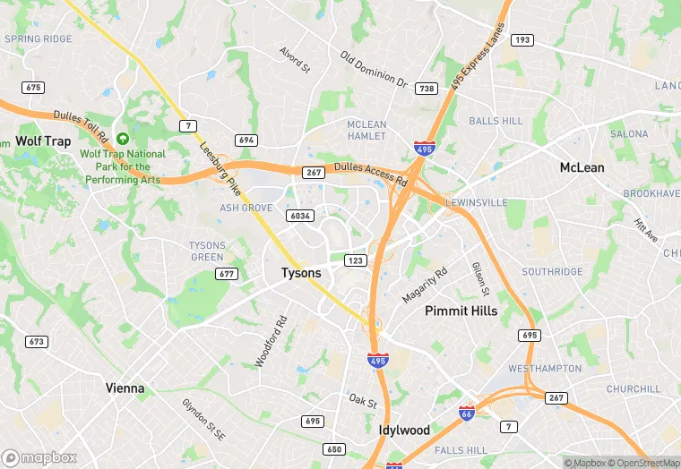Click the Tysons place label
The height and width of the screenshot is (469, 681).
(301, 273)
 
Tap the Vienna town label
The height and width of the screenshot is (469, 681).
(125, 388)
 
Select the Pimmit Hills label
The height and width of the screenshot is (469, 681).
(461, 311)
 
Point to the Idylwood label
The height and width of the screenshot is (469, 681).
(404, 430)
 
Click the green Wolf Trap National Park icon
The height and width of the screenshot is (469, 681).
(123, 140)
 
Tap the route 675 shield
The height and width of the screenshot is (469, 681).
(34, 87)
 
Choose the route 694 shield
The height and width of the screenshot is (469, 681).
(246, 141)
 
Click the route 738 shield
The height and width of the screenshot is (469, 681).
(427, 89)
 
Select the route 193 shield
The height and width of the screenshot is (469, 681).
(522, 40)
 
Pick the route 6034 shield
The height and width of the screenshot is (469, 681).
(300, 216)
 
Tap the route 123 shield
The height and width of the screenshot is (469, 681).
(356, 260)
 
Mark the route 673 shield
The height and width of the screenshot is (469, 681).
(36, 342)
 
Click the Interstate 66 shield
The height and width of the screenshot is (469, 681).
(467, 413)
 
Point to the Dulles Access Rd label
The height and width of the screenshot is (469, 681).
(371, 174)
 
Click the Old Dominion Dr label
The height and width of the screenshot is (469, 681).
(374, 69)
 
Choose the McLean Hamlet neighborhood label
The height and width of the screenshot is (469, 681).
(366, 130)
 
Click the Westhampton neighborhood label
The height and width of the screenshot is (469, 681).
(545, 369)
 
